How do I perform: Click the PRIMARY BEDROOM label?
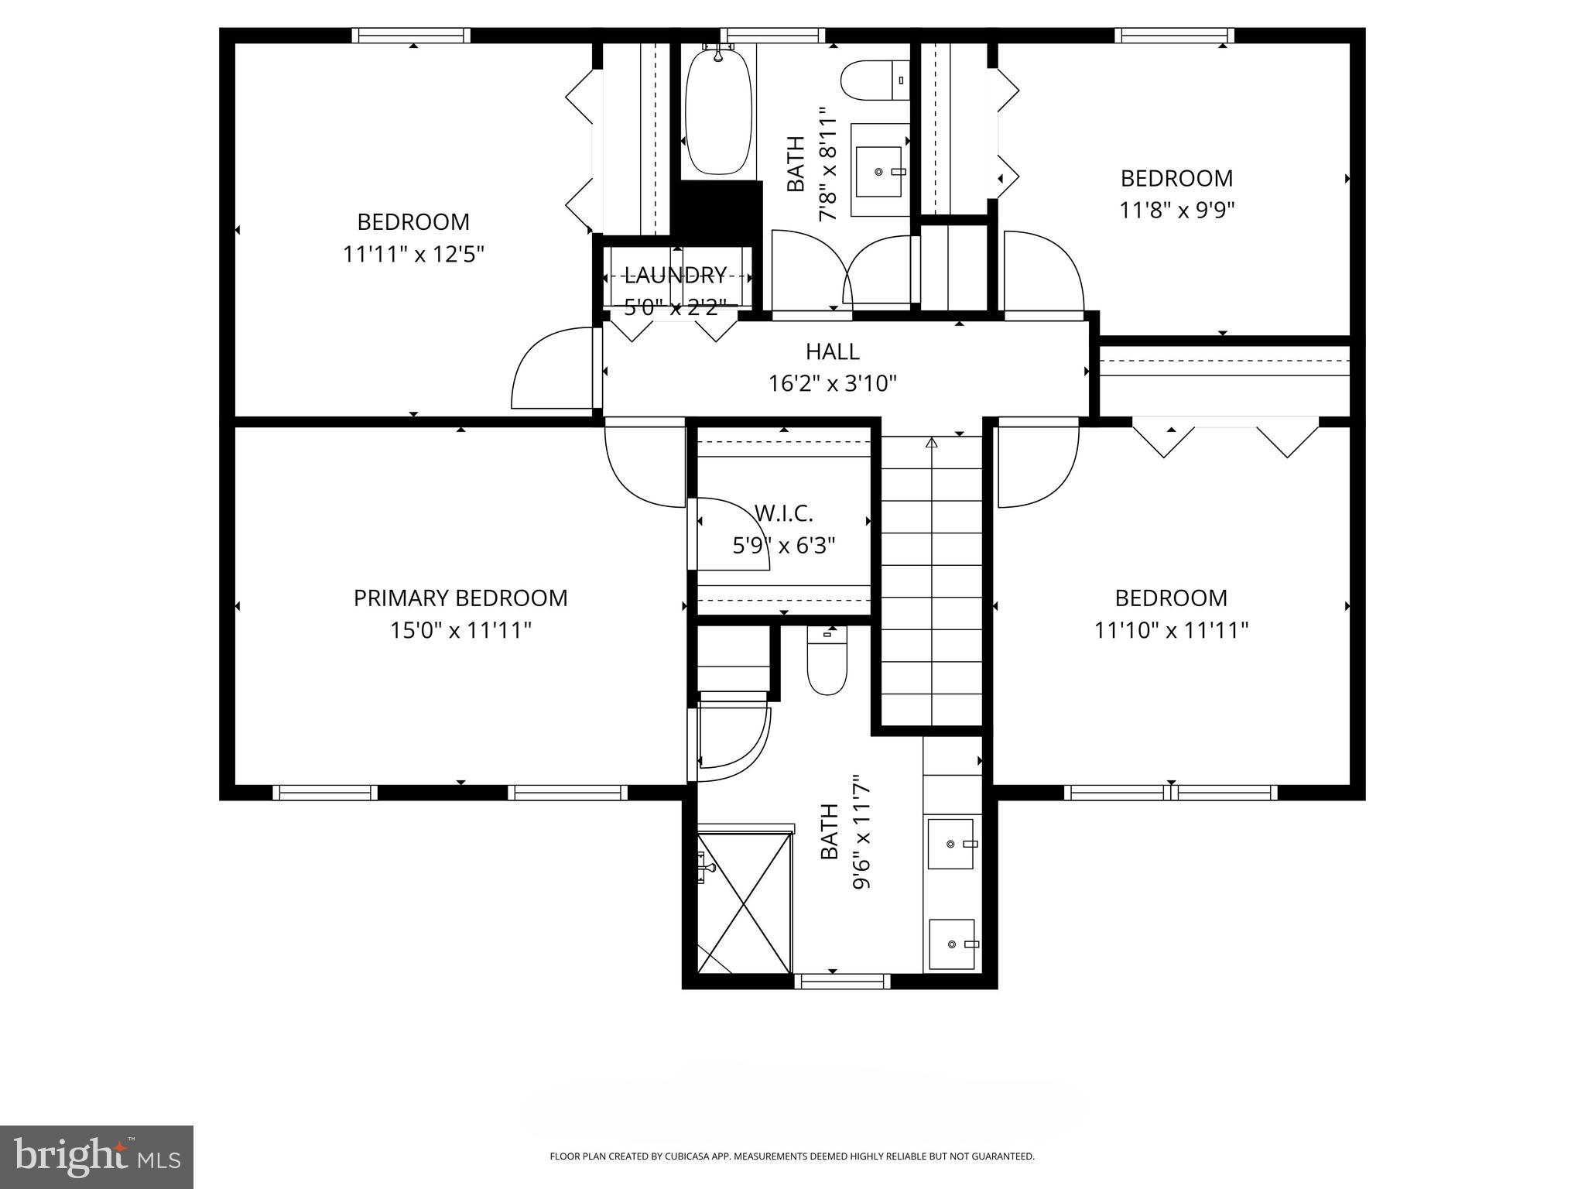click(460, 598)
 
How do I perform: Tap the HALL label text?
click(832, 351)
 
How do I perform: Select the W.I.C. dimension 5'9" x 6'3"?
click(783, 547)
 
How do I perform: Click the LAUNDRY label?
click(675, 275)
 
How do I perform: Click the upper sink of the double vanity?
click(951, 844)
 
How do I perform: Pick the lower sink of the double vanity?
click(951, 944)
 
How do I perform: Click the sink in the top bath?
click(880, 171)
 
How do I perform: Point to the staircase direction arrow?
click(932, 444)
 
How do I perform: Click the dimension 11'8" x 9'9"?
click(1176, 211)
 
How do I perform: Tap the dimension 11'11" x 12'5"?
click(413, 255)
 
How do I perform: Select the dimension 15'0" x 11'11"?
click(460, 631)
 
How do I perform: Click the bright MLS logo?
click(96, 1157)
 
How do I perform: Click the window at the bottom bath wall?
click(842, 982)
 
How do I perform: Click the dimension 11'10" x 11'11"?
click(1171, 631)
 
